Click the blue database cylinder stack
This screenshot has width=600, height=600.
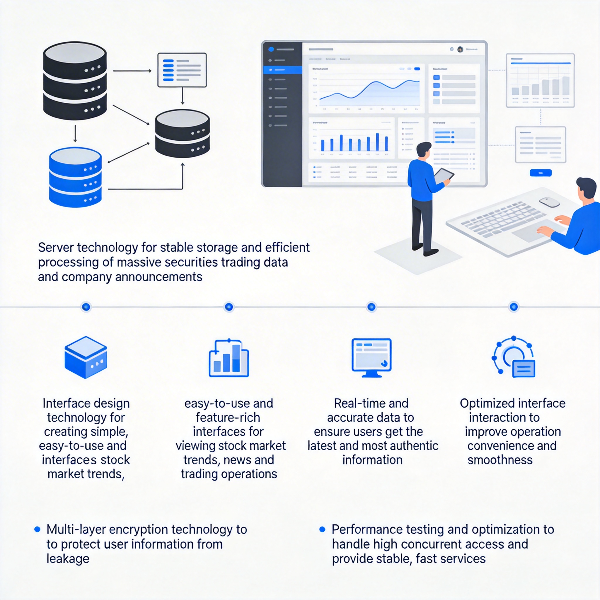(75, 177)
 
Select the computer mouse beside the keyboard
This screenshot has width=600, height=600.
(549, 202)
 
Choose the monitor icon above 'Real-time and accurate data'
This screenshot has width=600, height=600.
(371, 357)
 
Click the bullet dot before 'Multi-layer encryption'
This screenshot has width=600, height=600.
(37, 529)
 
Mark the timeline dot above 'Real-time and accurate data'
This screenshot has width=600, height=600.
(371, 307)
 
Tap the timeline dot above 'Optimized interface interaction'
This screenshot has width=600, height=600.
(514, 307)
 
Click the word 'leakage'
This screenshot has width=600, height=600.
(68, 559)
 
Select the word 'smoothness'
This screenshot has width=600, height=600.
(500, 460)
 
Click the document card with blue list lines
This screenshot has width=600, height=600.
(182, 70)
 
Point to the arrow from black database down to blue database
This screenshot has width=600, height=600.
(75, 134)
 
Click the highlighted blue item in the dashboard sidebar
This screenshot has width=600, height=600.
(282, 70)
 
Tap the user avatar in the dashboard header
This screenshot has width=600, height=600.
(460, 49)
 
